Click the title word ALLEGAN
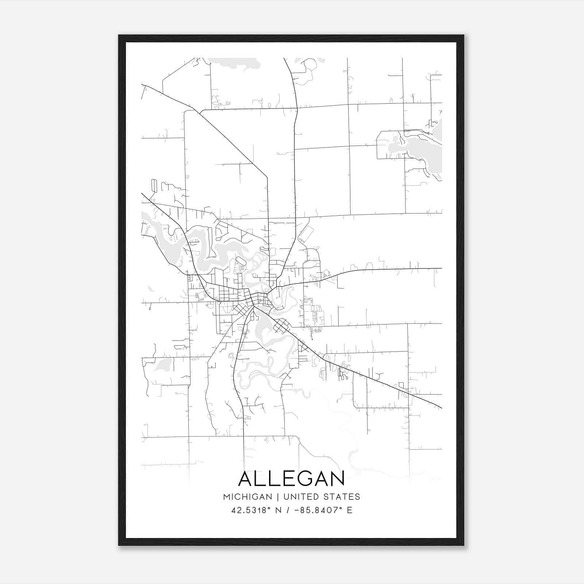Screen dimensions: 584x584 click(291, 479)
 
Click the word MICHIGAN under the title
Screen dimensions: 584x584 click(247, 497)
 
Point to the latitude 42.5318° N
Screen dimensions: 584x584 click(255, 510)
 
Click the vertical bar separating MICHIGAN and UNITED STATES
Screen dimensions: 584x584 click(278, 497)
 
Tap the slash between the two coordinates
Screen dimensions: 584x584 click(288, 510)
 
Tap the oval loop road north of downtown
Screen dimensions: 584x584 click(241, 261)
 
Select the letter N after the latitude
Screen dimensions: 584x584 click(278, 510)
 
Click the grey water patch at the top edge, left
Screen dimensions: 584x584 click(234, 63)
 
